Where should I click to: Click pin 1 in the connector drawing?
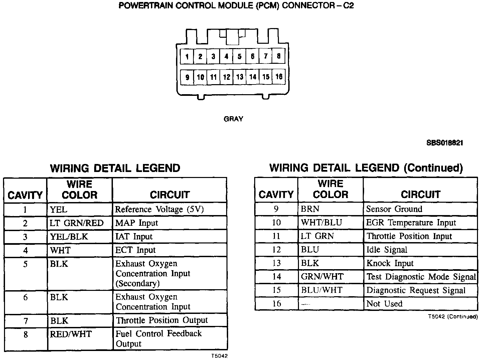pyautogui.click(x=187, y=56)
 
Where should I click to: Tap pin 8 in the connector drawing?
pyautogui.click(x=279, y=56)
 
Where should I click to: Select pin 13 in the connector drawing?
pyautogui.click(x=239, y=77)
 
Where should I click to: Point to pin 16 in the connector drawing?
pyautogui.click(x=279, y=76)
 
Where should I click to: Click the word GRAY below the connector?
pyautogui.click(x=233, y=119)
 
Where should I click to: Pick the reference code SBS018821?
pyautogui.click(x=445, y=143)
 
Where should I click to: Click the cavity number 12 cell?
pyautogui.click(x=276, y=250)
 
